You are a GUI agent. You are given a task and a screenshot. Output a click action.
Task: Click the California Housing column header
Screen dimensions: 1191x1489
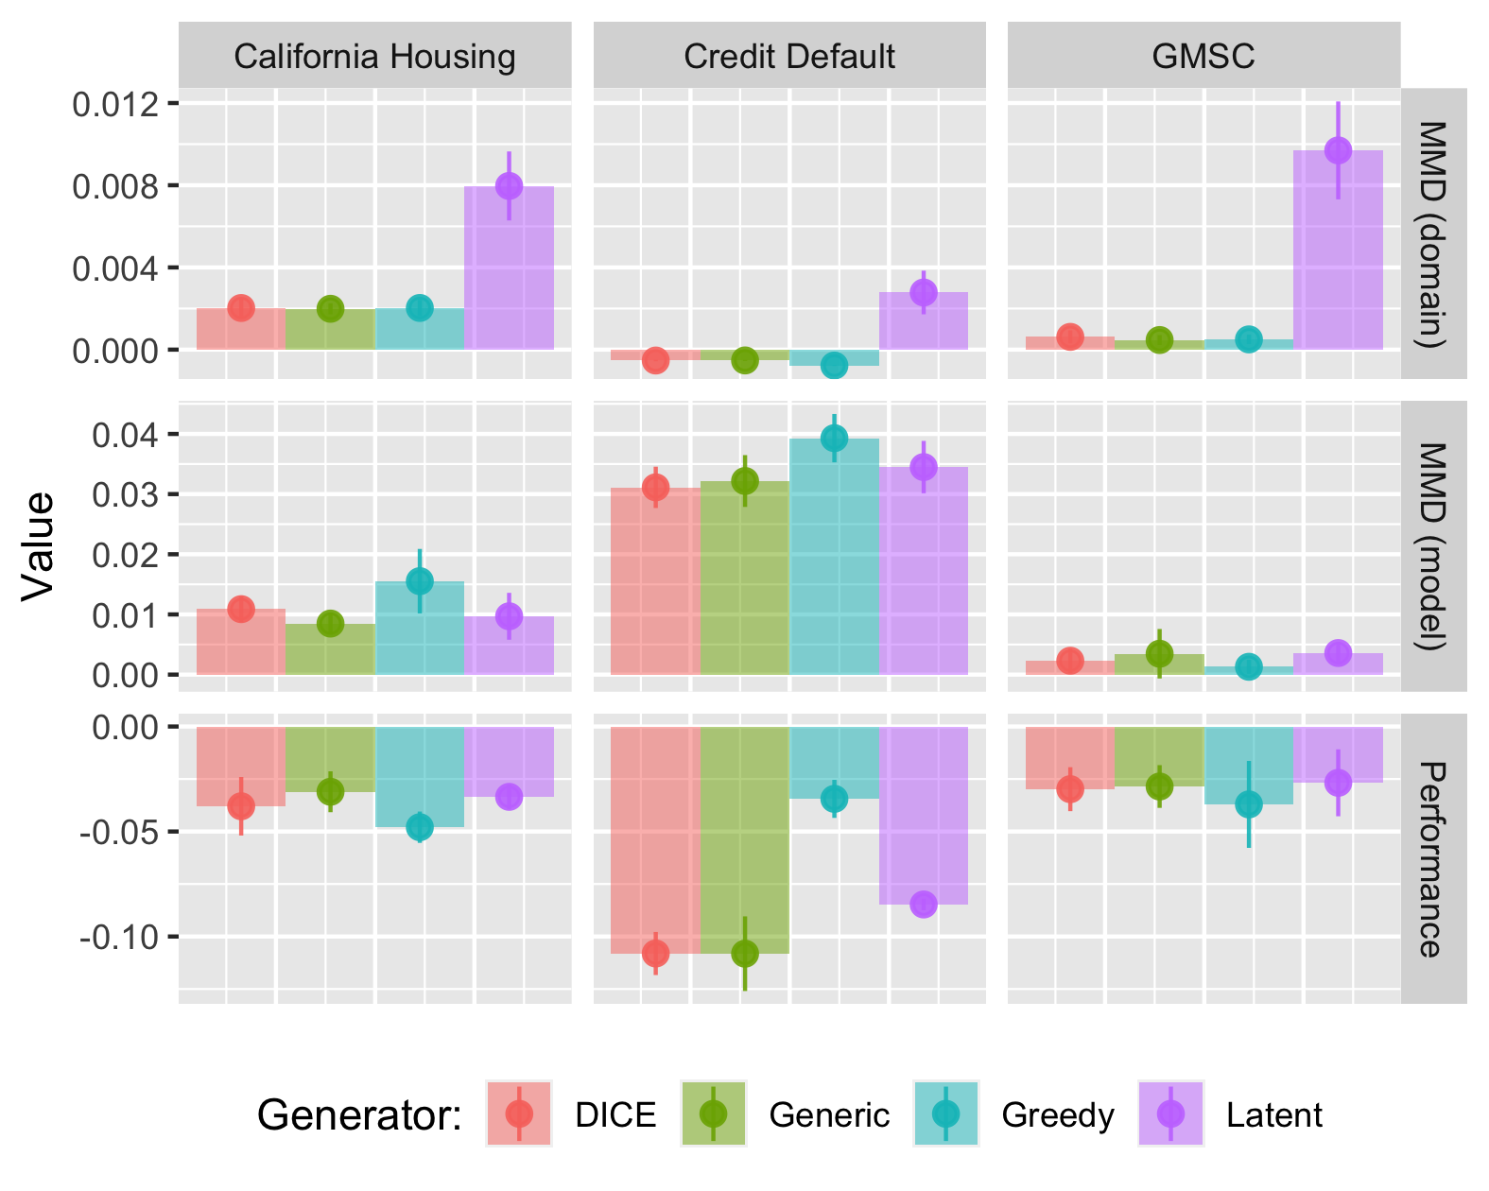coord(374,57)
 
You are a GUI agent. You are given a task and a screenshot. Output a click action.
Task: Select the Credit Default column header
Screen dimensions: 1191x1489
coord(789,57)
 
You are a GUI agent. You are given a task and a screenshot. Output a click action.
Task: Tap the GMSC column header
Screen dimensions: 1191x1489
coord(1203,57)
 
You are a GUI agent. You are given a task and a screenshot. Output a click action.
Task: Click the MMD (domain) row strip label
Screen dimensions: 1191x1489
coord(1433,233)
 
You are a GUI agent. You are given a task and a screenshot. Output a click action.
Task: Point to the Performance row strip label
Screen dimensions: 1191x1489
coord(1433,858)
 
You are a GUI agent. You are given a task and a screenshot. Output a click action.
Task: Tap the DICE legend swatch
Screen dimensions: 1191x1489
coord(519,1113)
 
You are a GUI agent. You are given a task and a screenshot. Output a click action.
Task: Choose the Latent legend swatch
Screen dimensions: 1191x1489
coord(1170,1113)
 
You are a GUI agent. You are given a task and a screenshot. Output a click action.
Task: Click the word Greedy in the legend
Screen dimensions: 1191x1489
coord(1058,1115)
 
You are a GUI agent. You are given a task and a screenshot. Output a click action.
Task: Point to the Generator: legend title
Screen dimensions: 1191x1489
coord(359,1115)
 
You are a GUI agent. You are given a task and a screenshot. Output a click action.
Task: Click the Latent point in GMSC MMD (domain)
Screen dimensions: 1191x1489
coord(1338,150)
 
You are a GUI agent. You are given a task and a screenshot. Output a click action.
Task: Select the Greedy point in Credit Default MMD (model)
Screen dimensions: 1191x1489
coord(834,438)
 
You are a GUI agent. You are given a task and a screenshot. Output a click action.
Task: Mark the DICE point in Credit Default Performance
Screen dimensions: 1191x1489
coord(655,953)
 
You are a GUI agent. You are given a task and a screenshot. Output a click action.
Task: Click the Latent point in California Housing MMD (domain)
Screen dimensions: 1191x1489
coord(509,185)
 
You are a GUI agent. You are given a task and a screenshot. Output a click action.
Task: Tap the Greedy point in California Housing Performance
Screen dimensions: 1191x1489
coord(420,827)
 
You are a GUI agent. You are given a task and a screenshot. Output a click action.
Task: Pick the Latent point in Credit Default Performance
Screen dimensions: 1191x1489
coord(924,905)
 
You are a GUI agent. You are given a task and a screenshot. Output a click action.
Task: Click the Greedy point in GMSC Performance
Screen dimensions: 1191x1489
coord(1249,804)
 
